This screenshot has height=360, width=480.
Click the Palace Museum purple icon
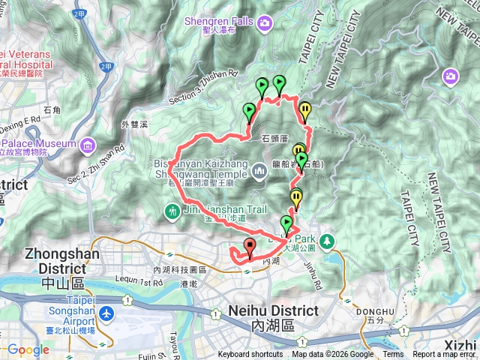88,143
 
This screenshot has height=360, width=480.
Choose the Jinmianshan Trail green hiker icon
172,212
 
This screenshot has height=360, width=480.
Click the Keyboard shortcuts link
250,355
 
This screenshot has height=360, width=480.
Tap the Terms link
393,355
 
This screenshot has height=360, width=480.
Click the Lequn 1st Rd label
129,283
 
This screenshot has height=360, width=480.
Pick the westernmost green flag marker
249,112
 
